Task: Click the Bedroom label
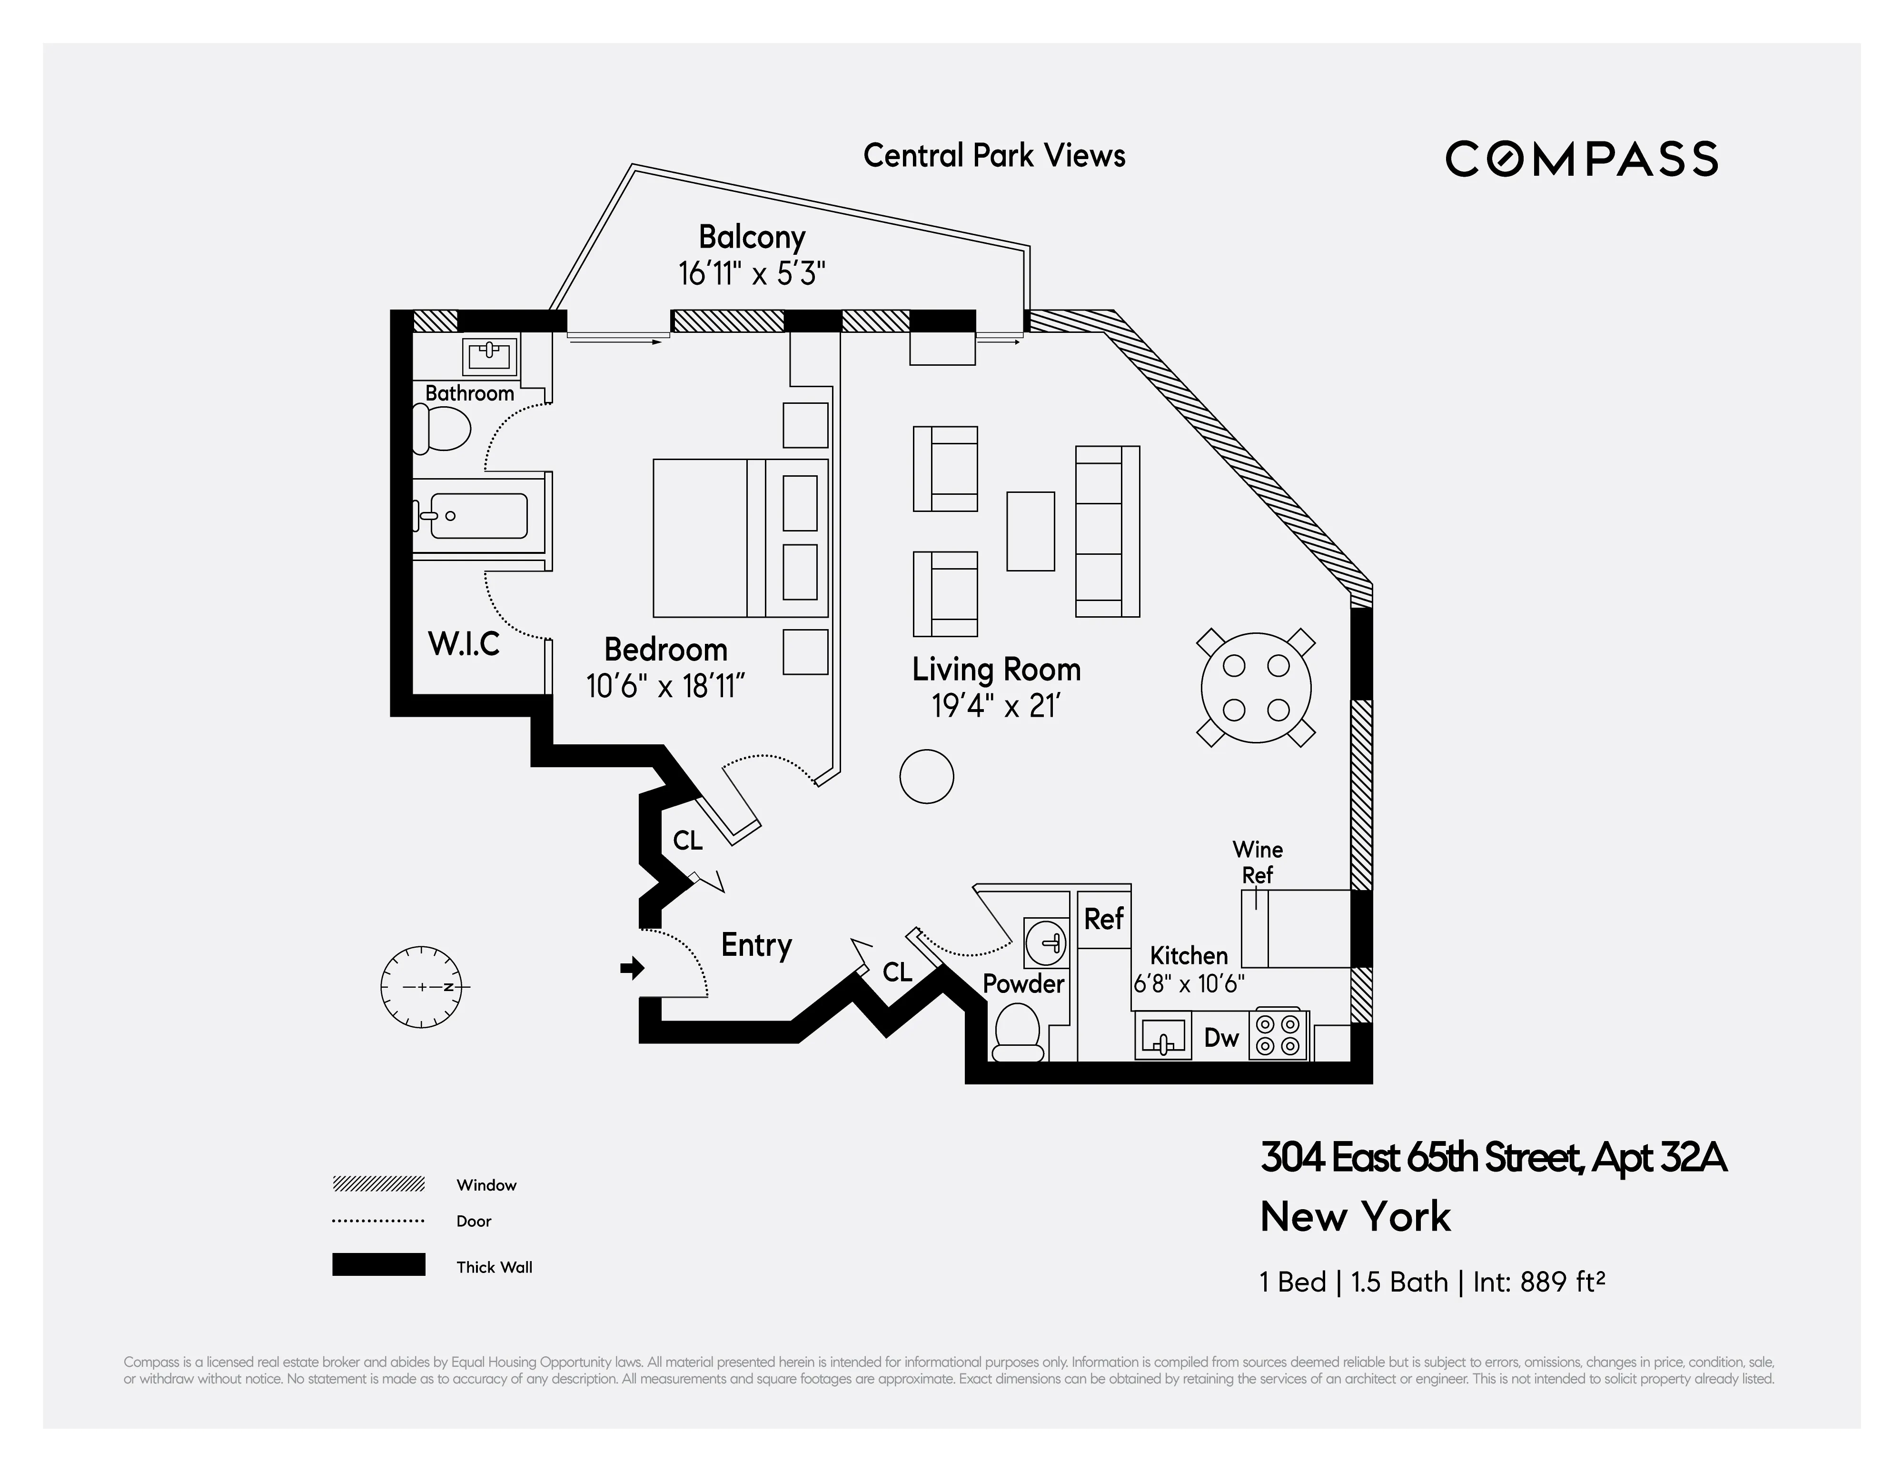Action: coord(666,649)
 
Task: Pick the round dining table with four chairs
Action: coord(1256,688)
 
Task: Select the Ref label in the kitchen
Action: coord(1103,919)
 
